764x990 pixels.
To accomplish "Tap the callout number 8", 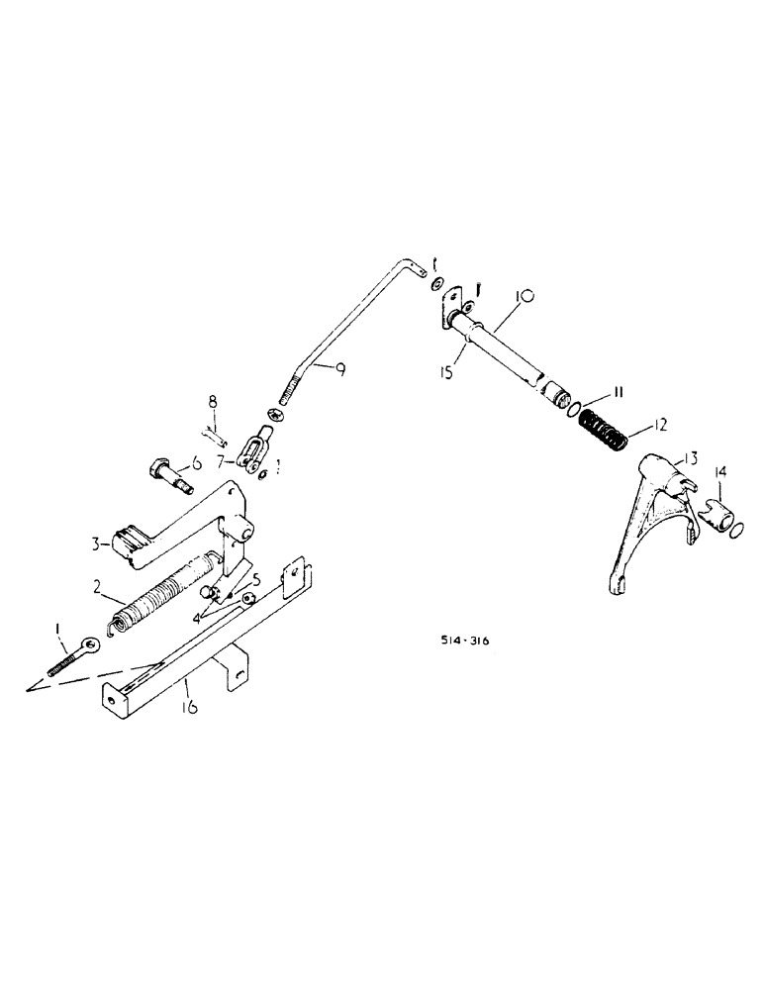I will [211, 401].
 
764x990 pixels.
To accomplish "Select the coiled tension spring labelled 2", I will [160, 596].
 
